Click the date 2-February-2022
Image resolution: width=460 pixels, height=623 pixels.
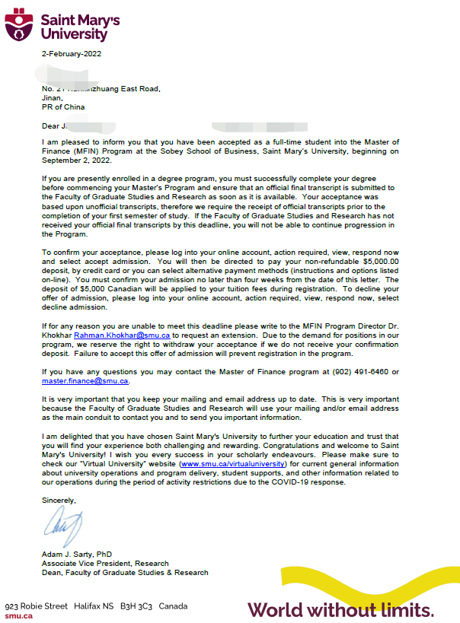72,54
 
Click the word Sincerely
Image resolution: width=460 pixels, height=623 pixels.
59,499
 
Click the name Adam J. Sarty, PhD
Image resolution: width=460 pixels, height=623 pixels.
77,555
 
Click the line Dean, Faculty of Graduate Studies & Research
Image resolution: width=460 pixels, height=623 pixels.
125,573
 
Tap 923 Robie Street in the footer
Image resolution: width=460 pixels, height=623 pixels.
37,606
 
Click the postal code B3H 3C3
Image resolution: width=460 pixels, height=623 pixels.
136,606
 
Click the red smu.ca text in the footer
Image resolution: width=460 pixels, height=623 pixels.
18,615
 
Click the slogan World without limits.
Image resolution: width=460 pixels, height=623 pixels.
340,609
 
